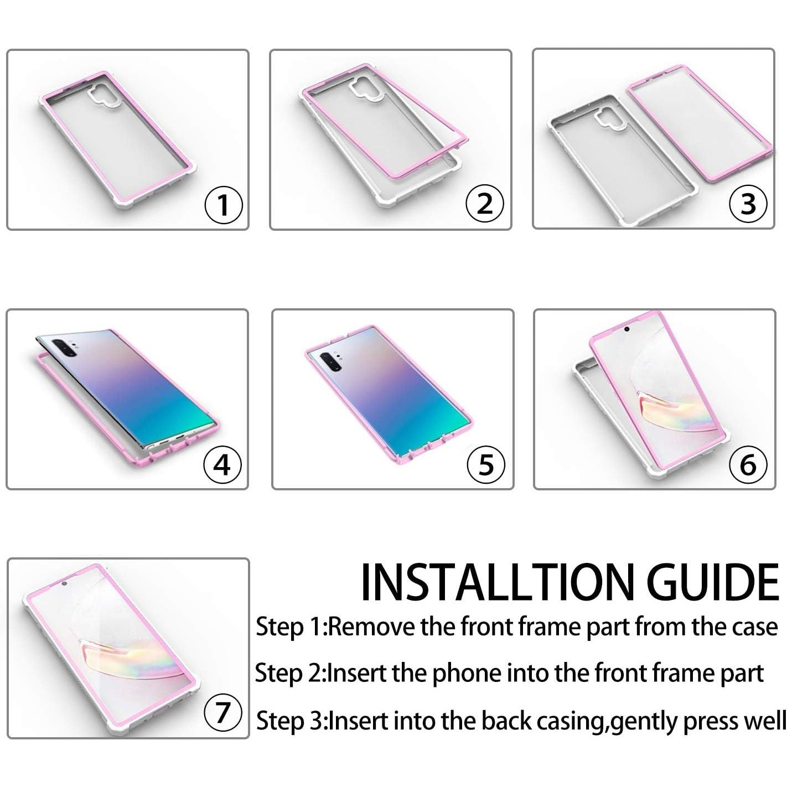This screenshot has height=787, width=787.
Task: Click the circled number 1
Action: [223, 205]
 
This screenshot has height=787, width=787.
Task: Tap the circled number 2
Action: [485, 203]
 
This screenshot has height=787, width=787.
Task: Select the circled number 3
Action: [748, 203]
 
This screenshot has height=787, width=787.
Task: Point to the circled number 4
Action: [222, 464]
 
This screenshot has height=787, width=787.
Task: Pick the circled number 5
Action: [486, 464]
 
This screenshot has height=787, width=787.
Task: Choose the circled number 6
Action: [748, 464]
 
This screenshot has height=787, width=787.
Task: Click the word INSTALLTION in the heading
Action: [496, 582]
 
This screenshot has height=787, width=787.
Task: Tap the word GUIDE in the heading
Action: [713, 582]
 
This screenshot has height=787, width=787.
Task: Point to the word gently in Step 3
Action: [644, 721]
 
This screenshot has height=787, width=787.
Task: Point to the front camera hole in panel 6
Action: [627, 329]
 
